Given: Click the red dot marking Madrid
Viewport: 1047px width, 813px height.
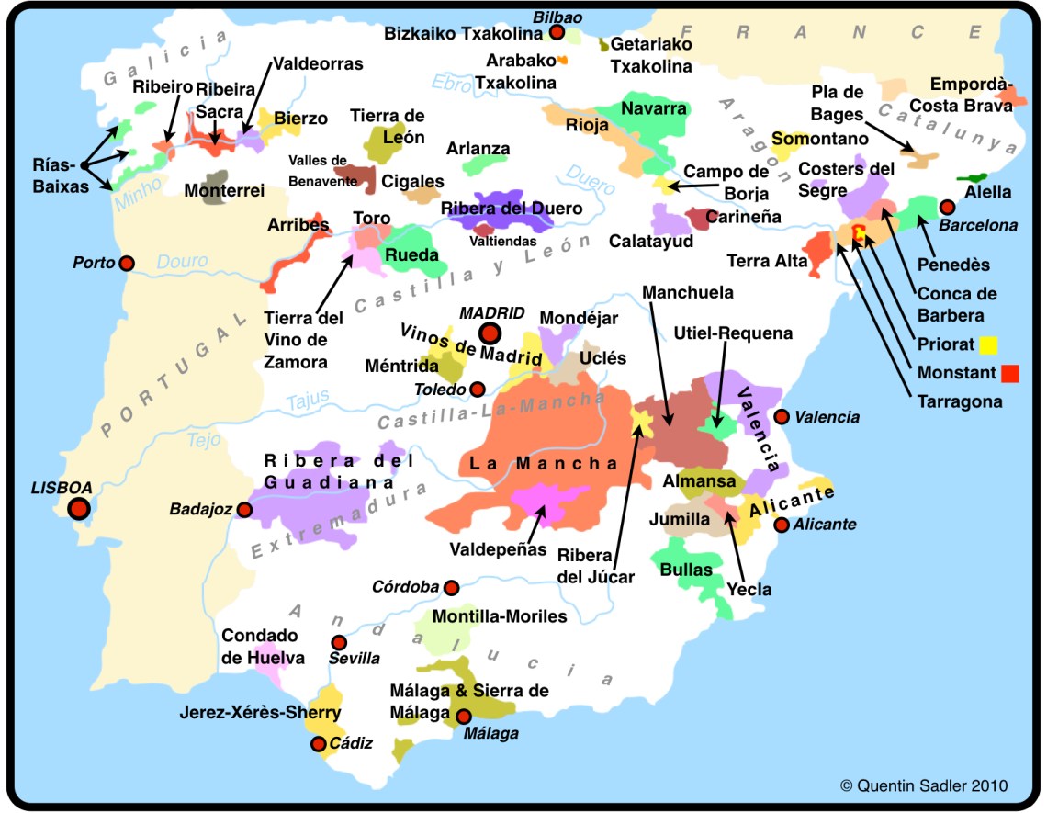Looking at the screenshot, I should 490,333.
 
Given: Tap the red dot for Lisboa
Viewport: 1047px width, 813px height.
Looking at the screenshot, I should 80,508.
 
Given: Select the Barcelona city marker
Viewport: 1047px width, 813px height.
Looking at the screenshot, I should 948,207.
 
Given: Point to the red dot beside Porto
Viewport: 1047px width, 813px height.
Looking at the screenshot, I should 127,264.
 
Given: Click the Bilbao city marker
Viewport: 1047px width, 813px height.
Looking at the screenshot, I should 557,33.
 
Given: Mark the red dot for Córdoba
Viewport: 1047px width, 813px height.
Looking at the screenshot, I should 451,587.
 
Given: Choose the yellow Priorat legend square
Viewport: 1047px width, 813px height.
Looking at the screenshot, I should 988,345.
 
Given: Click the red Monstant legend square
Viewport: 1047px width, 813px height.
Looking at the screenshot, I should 1010,373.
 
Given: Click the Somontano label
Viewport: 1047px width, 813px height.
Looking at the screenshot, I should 819,139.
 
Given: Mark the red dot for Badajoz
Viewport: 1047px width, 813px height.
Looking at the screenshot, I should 244,509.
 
